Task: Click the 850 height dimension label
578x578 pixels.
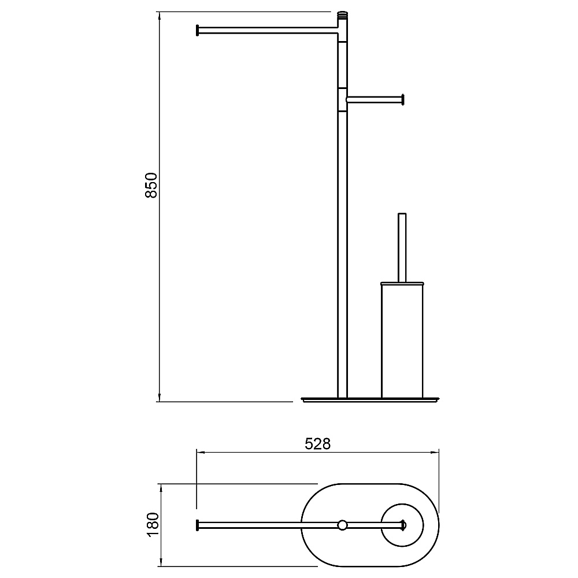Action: coord(151,185)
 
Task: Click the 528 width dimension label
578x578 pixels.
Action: coord(318,444)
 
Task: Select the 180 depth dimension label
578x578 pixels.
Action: coord(153,525)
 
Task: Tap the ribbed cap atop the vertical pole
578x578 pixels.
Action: coord(342,16)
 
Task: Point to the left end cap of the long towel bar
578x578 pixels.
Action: coord(198,30)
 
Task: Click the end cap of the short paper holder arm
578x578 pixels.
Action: coord(403,99)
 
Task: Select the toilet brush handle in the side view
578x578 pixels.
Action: coord(402,248)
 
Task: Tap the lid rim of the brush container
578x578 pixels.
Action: coord(402,284)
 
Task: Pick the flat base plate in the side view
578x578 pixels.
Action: coord(370,399)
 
